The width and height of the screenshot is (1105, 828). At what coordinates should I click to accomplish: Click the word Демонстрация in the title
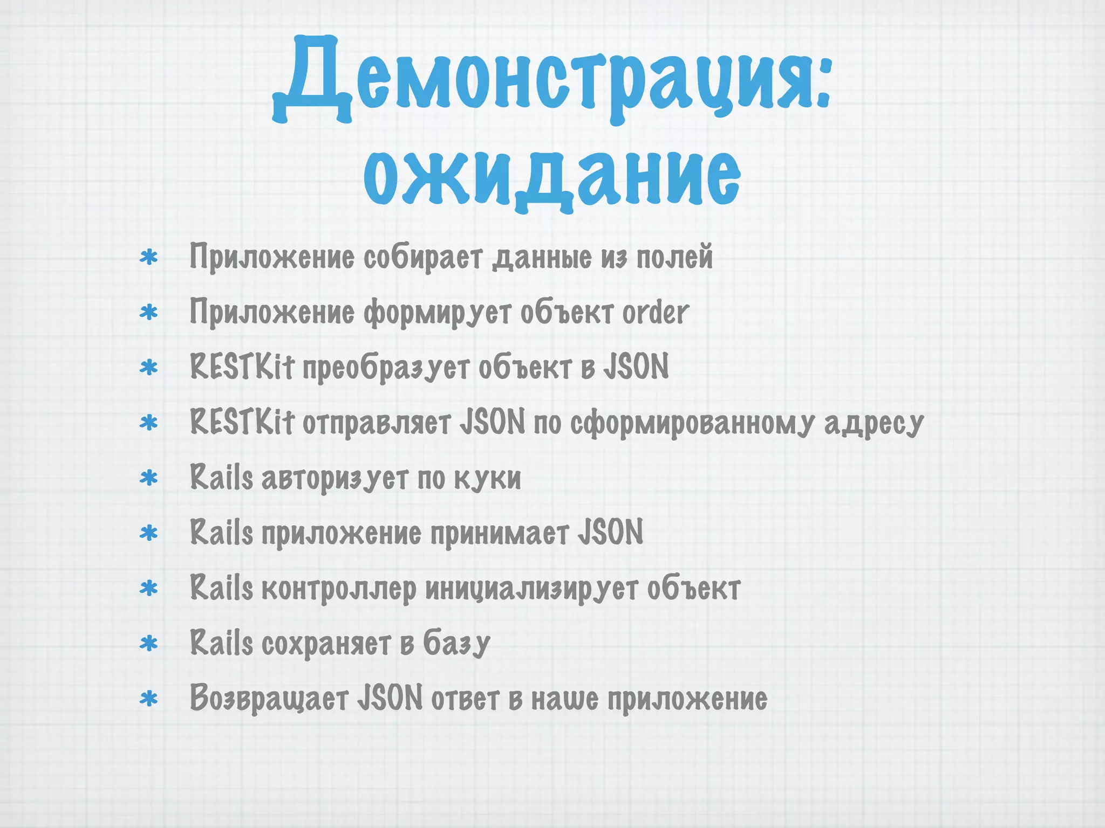tap(540, 81)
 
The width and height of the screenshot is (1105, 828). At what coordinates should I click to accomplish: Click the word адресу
tap(874, 424)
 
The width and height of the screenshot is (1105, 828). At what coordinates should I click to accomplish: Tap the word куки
tap(487, 478)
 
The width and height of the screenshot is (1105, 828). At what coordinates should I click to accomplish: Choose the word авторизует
tap(335, 479)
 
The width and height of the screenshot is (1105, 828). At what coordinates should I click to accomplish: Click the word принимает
tap(499, 533)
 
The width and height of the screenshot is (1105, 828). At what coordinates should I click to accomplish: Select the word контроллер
tap(339, 589)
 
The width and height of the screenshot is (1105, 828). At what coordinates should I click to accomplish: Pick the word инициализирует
tap(531, 589)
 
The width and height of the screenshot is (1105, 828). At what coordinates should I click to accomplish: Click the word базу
tap(456, 644)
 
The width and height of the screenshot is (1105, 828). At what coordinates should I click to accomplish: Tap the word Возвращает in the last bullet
tap(269, 699)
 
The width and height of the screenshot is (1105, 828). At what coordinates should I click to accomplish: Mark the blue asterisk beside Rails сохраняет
tap(148, 644)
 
